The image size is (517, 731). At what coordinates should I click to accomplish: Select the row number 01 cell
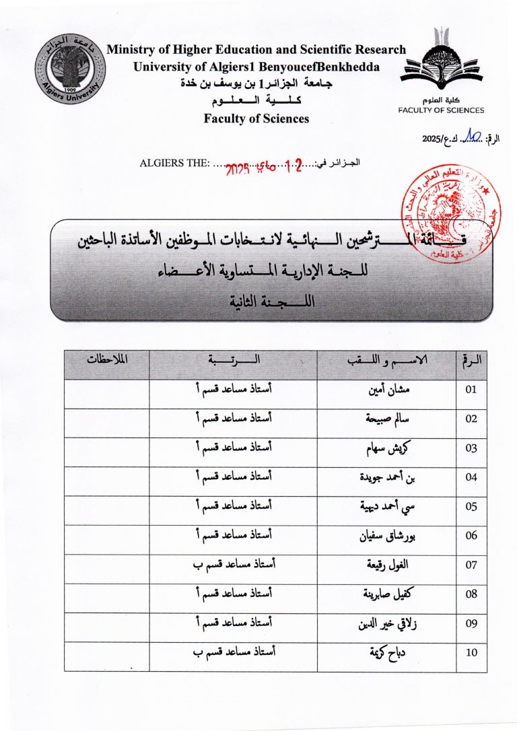click(x=471, y=389)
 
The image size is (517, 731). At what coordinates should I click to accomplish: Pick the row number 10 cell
click(x=471, y=652)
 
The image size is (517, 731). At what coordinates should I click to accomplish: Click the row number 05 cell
click(x=471, y=506)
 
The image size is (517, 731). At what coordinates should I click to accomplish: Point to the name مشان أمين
click(x=384, y=389)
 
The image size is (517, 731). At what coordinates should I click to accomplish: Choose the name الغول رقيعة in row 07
click(x=384, y=565)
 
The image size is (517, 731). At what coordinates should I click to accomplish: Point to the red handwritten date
click(x=263, y=164)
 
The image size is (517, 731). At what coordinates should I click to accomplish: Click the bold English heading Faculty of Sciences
click(x=256, y=118)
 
